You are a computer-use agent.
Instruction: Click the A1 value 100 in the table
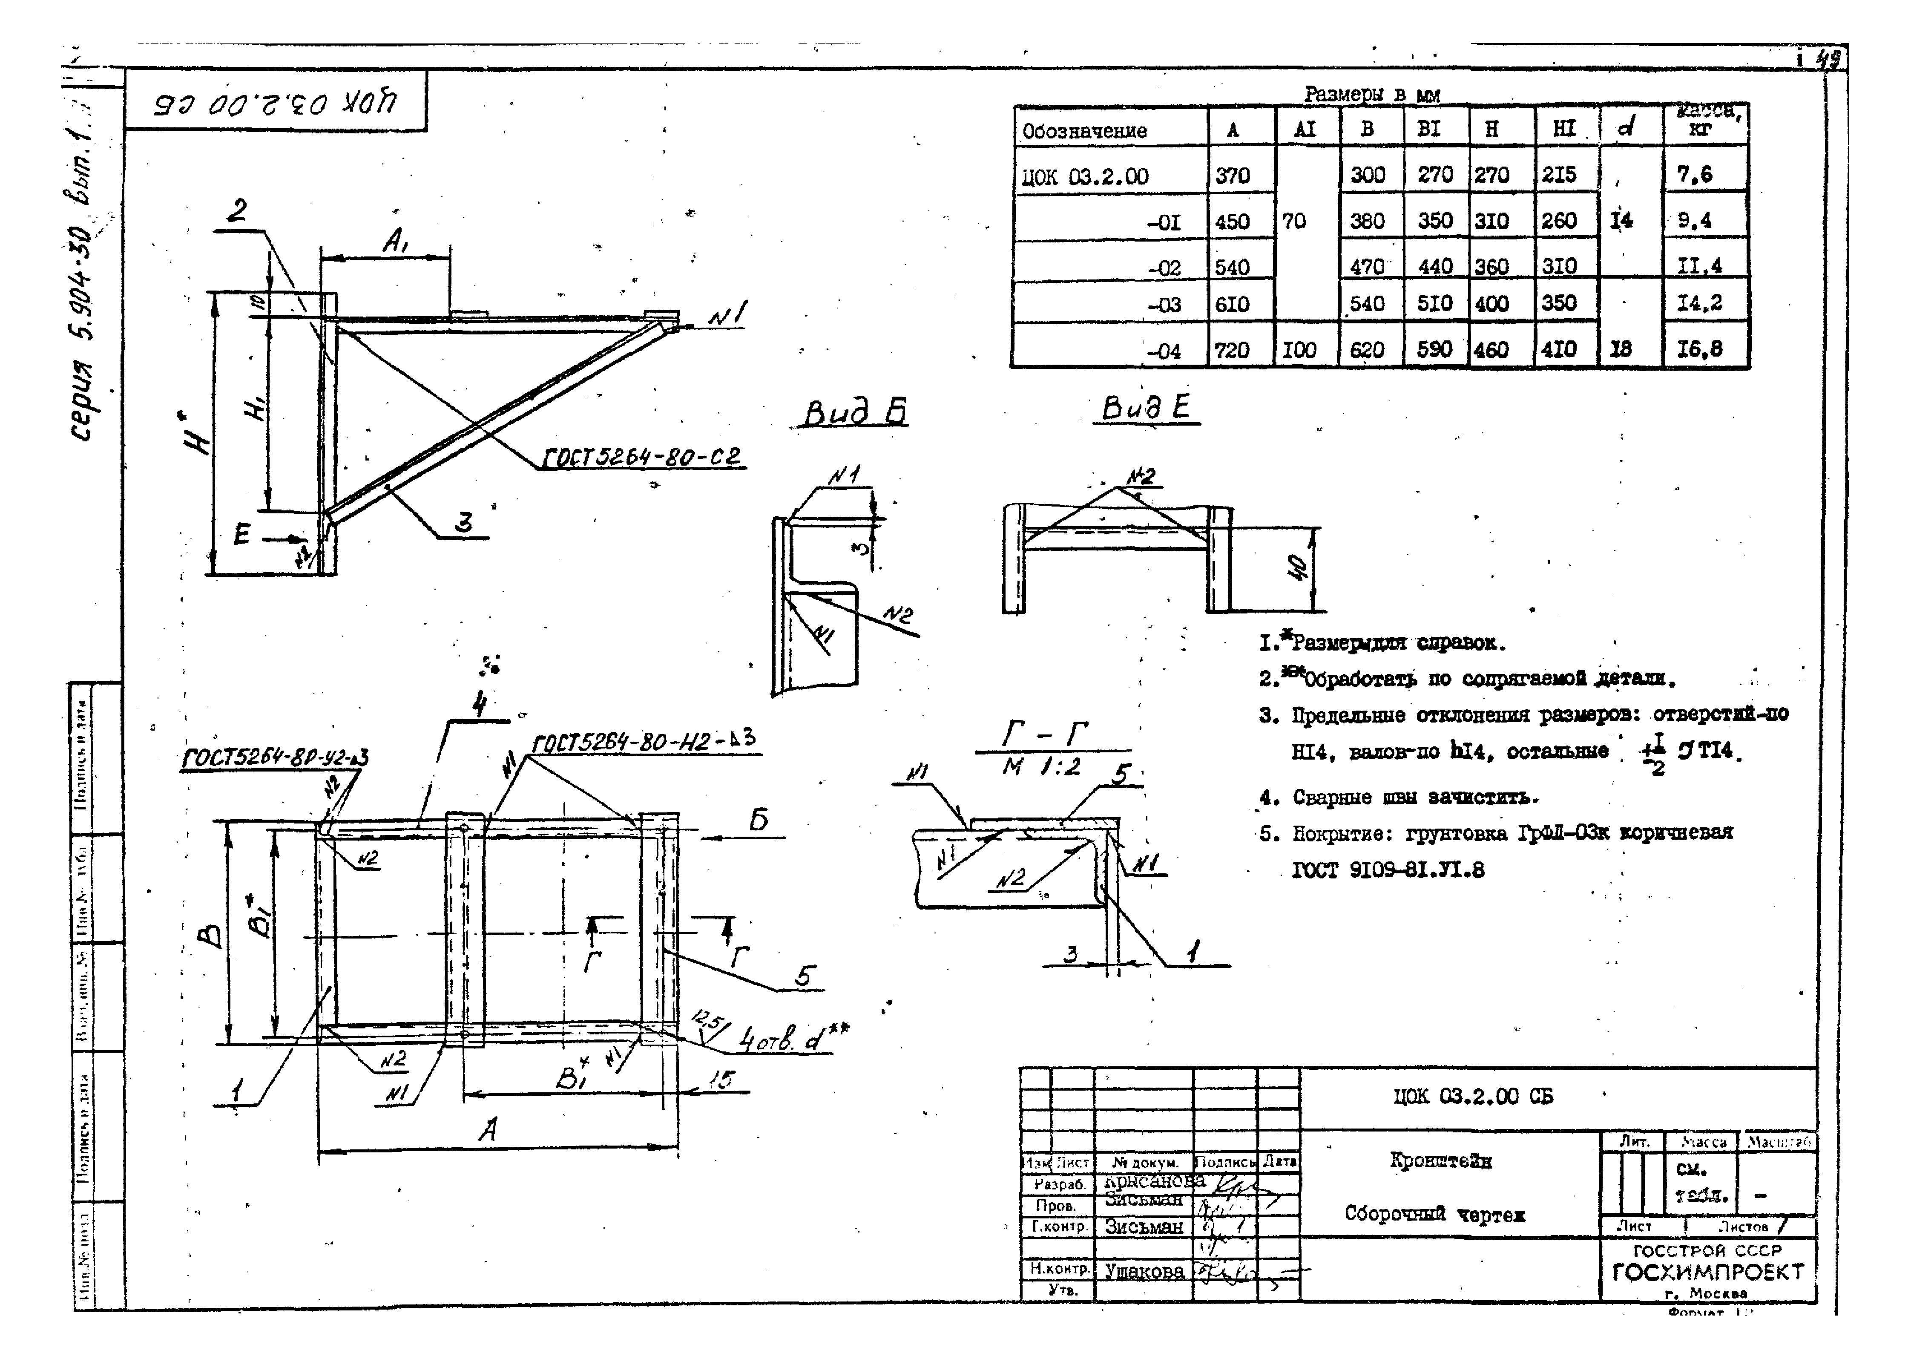coord(1299,350)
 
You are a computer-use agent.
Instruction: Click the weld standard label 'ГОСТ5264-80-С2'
coord(642,458)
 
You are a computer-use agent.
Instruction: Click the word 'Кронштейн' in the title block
coord(1440,1160)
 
